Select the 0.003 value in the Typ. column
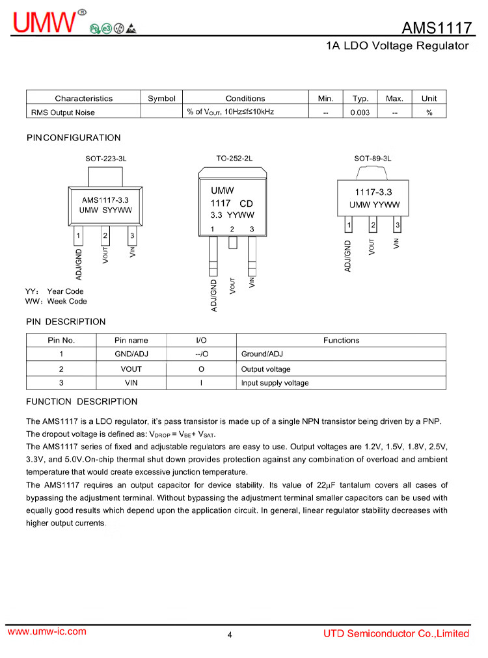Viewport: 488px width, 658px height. pos(360,112)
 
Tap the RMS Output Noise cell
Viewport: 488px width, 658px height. pos(63,112)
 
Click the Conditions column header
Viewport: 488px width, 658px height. pos(245,98)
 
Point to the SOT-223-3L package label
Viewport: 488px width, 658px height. pos(105,158)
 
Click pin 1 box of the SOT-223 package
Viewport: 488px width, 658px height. pos(78,235)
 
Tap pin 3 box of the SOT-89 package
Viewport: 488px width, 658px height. pos(397,226)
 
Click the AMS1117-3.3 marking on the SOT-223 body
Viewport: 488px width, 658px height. pos(105,200)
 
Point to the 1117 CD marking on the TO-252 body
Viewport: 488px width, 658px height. pos(232,204)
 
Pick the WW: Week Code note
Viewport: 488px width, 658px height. pos(56,302)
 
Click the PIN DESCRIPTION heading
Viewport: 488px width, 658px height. pos(66,322)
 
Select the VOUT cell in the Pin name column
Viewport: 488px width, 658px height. pos(131,369)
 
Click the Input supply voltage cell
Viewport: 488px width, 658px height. pos(275,383)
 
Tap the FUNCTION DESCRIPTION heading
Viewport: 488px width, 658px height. pos(82,402)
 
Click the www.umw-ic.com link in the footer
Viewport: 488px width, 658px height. pos(46,632)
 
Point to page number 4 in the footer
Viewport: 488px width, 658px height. pos(230,635)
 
